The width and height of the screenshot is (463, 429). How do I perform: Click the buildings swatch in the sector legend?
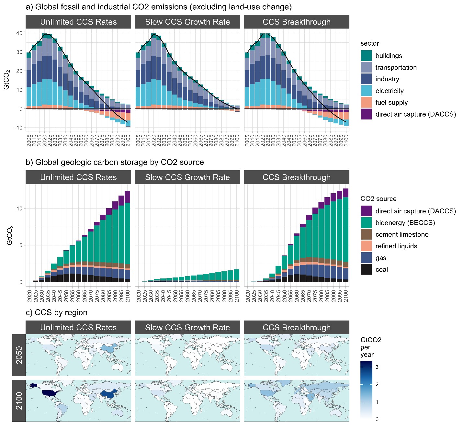point(366,56)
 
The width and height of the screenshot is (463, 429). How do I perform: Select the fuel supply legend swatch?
point(366,103)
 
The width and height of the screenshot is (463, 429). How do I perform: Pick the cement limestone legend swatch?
point(366,234)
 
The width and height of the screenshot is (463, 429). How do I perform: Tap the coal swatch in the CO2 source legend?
point(366,270)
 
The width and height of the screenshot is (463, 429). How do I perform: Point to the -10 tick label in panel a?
point(18,128)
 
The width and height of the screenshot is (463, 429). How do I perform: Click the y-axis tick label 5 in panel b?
point(21,245)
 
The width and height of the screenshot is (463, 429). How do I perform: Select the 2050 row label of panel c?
point(19,355)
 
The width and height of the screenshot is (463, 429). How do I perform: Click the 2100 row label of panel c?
point(19,401)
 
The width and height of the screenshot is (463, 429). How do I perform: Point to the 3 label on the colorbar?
point(377,367)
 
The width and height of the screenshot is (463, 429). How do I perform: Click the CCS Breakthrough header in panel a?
point(297,22)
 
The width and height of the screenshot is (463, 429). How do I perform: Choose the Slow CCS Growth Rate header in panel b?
point(187,177)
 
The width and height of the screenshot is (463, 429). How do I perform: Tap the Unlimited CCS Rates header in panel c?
point(78,328)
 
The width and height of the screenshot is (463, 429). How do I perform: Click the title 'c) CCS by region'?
point(56,312)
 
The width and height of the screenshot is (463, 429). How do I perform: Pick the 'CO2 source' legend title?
point(378,199)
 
